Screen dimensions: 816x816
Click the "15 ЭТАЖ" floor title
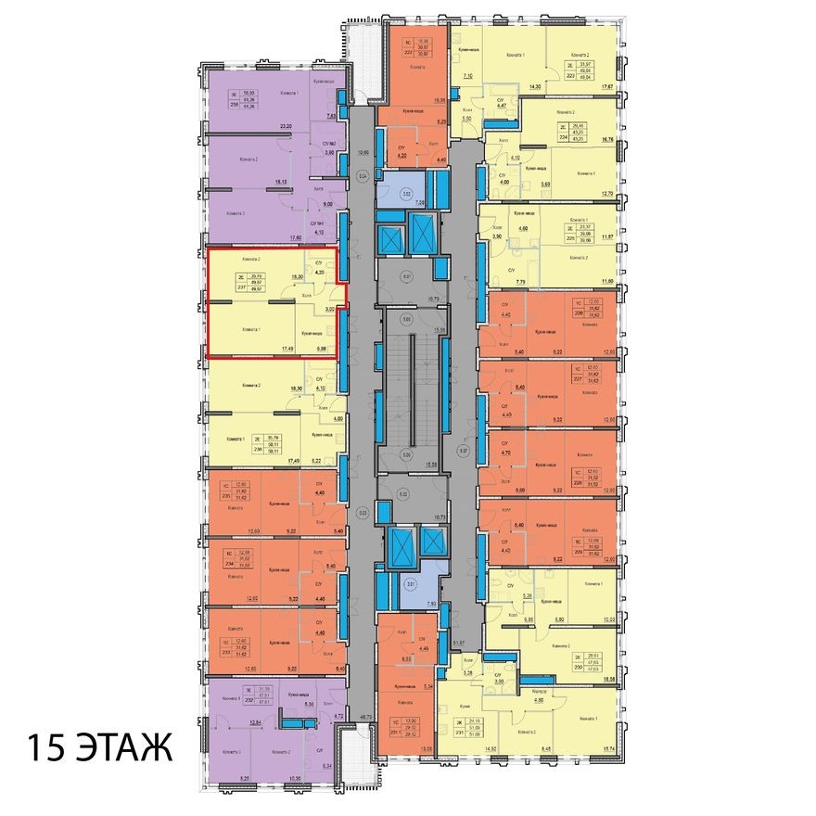99,747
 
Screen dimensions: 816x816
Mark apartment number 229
579,552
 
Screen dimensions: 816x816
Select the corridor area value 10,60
363,153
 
